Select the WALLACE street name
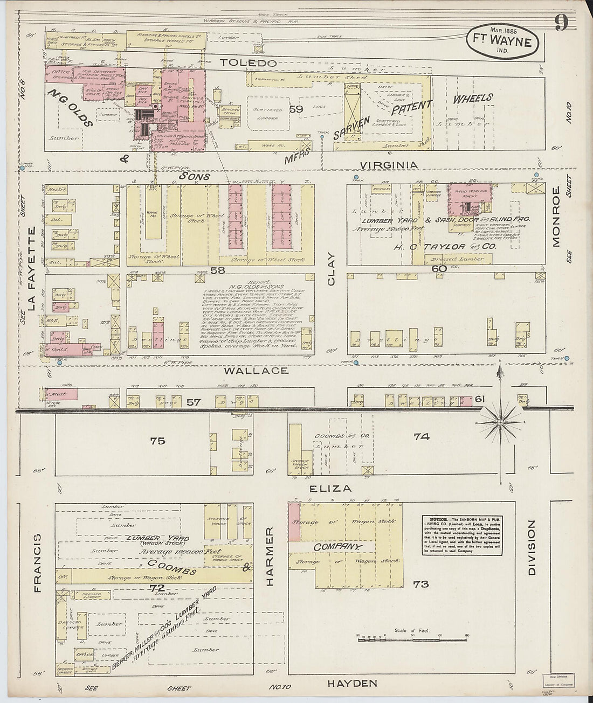(256, 371)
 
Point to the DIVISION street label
(532, 548)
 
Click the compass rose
(501, 422)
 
